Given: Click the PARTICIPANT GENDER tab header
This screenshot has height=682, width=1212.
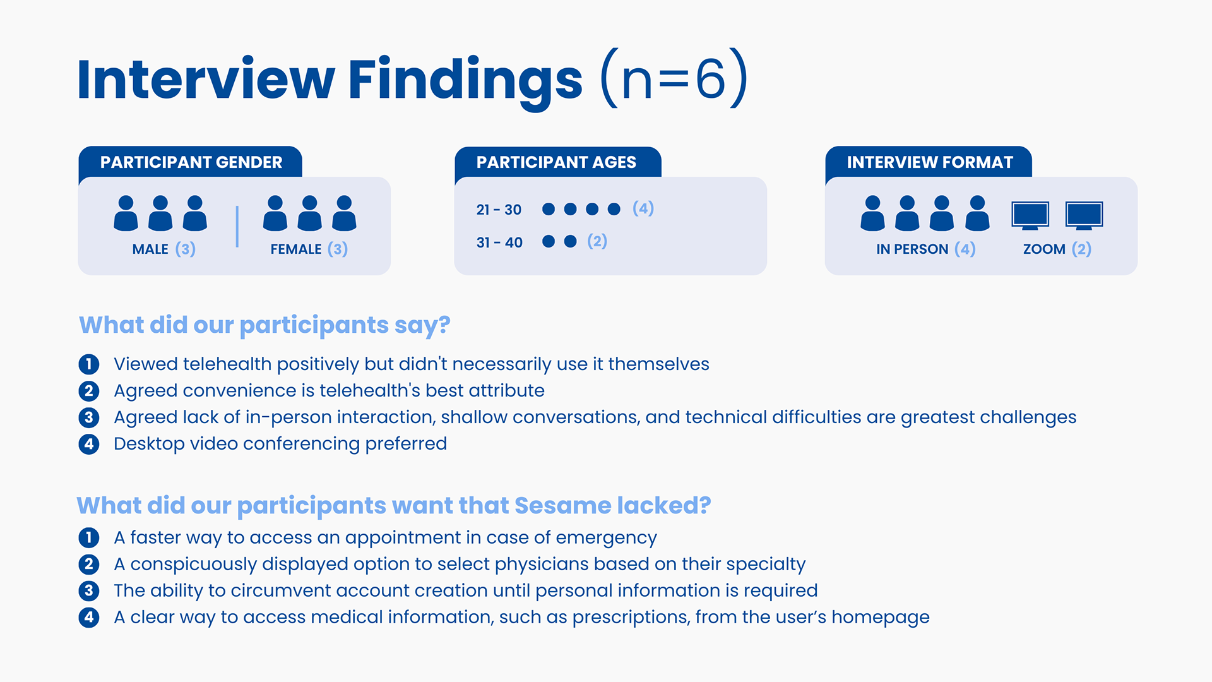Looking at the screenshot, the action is coord(191,162).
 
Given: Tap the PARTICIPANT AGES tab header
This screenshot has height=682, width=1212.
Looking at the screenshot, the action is coord(557,162).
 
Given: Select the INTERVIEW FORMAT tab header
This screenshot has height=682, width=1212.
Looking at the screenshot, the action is coord(929,162).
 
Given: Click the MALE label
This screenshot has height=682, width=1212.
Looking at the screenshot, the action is coord(150,249).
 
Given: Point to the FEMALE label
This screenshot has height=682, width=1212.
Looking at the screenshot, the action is coord(296,249).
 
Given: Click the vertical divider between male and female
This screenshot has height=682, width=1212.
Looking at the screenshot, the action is coord(237,226).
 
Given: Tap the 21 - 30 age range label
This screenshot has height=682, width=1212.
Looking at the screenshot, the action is coord(499,210).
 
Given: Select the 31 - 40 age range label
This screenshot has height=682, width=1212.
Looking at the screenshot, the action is coord(499,242).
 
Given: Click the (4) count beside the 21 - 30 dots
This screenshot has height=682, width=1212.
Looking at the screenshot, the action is coord(643,208).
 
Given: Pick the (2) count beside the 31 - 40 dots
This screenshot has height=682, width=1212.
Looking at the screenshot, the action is coord(597,241).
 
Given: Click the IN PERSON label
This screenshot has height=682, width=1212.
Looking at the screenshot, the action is coord(912,249).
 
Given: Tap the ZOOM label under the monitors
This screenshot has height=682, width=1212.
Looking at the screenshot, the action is coord(1044,249).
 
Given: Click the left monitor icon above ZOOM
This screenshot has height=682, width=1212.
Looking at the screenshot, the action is coord(1030,215).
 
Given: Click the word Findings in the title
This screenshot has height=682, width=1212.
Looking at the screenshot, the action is coord(465,80).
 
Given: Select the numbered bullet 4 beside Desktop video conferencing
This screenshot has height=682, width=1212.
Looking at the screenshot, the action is coord(89,444).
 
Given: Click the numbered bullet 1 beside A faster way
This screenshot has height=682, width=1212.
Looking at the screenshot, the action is coord(89,537).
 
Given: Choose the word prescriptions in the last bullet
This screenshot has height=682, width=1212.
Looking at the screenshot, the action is coord(631,618).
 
